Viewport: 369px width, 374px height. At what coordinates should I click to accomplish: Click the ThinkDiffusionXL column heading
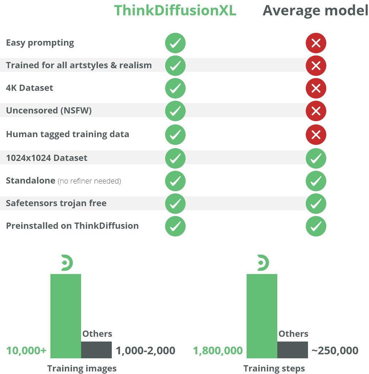tap(175, 11)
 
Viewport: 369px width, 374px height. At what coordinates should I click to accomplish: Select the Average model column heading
tap(315, 11)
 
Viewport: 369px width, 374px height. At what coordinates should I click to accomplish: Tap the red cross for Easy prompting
tap(316, 43)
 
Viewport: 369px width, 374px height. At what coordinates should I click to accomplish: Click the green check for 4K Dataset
tap(175, 88)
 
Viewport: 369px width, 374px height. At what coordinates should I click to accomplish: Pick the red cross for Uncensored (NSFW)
tap(316, 111)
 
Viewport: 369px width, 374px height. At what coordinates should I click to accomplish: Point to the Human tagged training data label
tap(68, 134)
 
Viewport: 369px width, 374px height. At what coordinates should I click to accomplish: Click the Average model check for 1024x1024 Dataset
tap(316, 158)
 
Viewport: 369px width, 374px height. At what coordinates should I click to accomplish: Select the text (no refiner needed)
tap(90, 181)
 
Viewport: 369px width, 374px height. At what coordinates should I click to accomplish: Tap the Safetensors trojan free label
tap(56, 203)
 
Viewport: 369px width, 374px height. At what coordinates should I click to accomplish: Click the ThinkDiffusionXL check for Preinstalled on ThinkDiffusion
tap(175, 226)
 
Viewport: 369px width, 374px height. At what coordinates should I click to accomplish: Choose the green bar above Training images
tap(66, 316)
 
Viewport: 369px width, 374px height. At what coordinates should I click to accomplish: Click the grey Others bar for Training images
tap(96, 350)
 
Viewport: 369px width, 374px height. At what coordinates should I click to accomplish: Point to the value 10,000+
tap(26, 351)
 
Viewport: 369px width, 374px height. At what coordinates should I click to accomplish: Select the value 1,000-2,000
tap(145, 351)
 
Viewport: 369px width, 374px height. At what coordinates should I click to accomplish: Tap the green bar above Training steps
tap(262, 316)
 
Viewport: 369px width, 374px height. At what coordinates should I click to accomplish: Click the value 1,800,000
tap(218, 351)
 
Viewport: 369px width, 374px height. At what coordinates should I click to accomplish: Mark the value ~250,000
tap(335, 351)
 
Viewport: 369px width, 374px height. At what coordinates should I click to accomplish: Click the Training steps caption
tap(274, 369)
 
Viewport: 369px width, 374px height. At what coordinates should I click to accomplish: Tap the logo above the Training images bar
tap(67, 263)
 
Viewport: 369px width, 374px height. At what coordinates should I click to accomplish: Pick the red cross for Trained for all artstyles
tap(316, 66)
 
